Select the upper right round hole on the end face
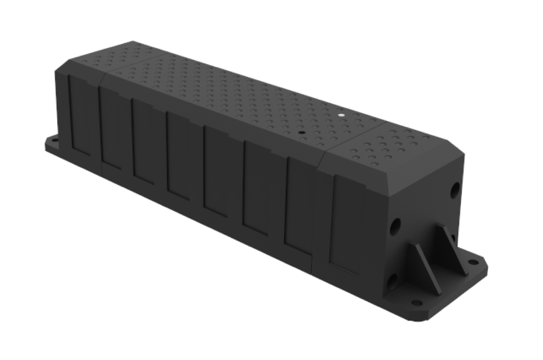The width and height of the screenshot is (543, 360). pyautogui.click(x=454, y=190)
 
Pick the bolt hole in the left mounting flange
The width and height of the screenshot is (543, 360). pyautogui.click(x=53, y=142)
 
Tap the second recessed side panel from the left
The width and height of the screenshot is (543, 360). pyautogui.click(x=112, y=130)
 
